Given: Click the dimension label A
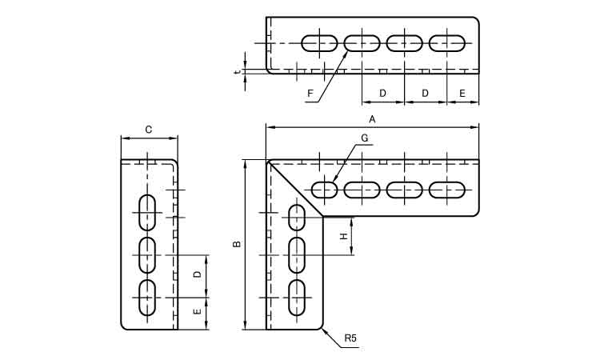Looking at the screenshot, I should tap(372, 119).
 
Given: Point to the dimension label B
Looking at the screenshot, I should tap(237, 244).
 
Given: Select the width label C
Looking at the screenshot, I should tap(149, 130).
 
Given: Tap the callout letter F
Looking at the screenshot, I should tap(310, 94).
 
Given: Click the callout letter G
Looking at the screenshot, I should tap(364, 138).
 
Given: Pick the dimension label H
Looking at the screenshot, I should tap(343, 237).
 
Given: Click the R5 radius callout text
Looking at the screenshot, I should tap(350, 339).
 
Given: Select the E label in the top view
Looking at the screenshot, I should tap(462, 94).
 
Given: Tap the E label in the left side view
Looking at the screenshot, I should tap(198, 312).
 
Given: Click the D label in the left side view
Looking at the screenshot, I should tap(198, 274).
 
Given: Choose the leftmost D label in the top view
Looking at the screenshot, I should tap(382, 94).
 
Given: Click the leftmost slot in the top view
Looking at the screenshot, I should tap(320, 42).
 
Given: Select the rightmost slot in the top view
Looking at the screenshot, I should tap(446, 42).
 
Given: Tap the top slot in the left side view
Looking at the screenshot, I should tap(147, 212).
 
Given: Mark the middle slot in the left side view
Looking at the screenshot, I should tap(147, 254).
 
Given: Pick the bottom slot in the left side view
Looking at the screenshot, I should tap(147, 297).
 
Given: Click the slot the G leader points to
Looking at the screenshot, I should tap(325, 190).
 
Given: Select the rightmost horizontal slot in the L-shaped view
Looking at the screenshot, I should tap(446, 190).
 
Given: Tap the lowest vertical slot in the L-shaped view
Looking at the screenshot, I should tap(297, 297).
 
